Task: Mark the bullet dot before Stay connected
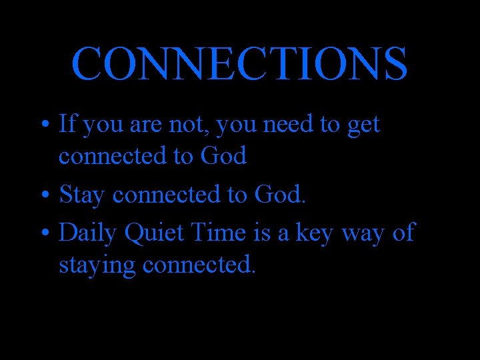44,196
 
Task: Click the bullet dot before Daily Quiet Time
44,233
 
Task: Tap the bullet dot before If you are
44,124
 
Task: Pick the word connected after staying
199,265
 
